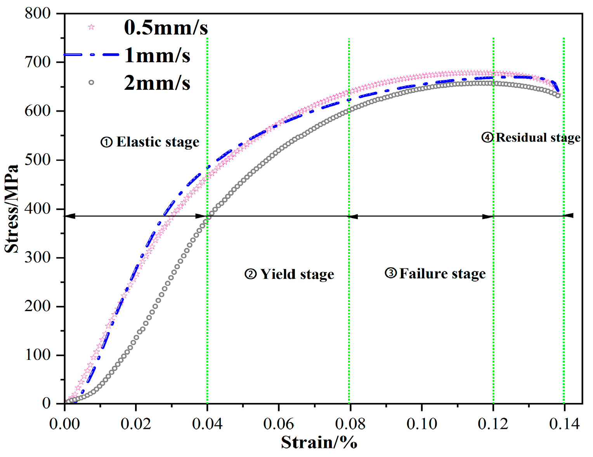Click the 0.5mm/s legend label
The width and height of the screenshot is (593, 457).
[166, 28]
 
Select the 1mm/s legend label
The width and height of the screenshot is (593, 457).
[157, 56]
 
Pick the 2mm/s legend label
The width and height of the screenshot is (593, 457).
[157, 83]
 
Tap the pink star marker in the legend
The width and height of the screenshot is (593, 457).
[91, 27]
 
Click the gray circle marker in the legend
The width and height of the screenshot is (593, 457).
[91, 82]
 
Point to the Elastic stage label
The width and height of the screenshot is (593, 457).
[150, 142]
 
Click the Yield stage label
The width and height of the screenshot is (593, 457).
[289, 274]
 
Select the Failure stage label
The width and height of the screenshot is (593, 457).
[435, 274]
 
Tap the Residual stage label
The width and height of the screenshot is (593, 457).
[531, 137]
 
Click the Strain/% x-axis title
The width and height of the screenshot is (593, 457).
[319, 442]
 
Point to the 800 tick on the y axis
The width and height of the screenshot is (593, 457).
[38, 14]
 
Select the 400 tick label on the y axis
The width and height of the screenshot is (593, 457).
[38, 209]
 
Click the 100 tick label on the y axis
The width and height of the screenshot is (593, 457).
[38, 355]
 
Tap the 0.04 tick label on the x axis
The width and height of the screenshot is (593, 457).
[207, 424]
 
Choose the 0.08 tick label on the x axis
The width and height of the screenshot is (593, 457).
[350, 424]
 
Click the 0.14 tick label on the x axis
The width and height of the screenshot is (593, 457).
[564, 424]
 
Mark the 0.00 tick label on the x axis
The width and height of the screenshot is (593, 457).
[65, 424]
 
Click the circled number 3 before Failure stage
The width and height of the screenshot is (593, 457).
[390, 273]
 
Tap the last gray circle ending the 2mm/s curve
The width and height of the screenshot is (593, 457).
[558, 96]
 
